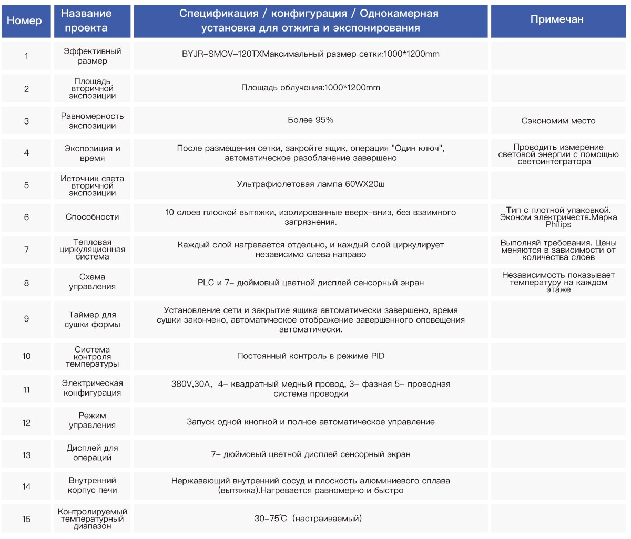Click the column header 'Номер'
tap(25, 20)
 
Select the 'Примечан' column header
tap(557, 20)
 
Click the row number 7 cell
tap(26, 250)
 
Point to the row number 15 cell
tap(26, 519)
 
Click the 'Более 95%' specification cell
tap(310, 120)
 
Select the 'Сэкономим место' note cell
tap(558, 121)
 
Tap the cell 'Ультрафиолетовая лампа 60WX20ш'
tap(310, 184)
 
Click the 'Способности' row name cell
tap(92, 217)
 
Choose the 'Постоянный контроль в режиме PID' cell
tap(310, 356)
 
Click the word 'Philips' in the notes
tap(558, 225)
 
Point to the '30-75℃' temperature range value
tap(271, 519)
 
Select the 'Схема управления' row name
tap(92, 282)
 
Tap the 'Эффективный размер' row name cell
tap(92, 56)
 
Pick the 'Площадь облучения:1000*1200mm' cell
tap(310, 88)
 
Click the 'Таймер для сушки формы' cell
tap(92, 319)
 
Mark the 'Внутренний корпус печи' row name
tap(92, 485)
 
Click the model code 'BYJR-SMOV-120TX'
tap(221, 54)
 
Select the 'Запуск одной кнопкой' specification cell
tap(310, 422)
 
